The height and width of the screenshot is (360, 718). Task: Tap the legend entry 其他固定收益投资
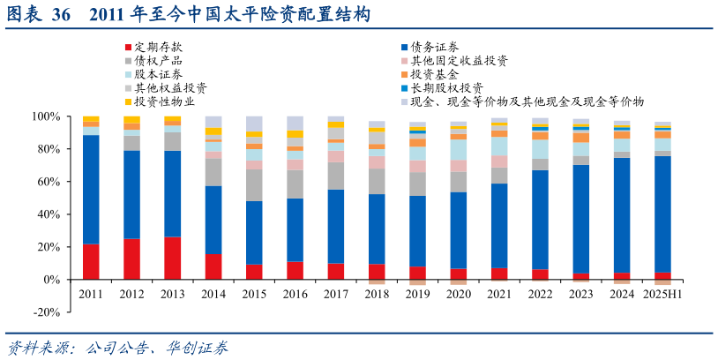459,61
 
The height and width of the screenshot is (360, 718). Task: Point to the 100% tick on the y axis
46,116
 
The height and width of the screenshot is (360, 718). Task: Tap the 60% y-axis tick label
49,182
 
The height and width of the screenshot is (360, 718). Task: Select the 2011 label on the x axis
91,294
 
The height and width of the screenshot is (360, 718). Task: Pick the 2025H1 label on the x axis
662,294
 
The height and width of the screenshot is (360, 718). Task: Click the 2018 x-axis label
377,294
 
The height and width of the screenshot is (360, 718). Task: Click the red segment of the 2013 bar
173,259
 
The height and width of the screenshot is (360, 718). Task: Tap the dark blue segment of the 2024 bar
622,216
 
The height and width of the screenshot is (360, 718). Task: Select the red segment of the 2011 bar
91,262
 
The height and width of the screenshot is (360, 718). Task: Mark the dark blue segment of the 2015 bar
254,233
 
